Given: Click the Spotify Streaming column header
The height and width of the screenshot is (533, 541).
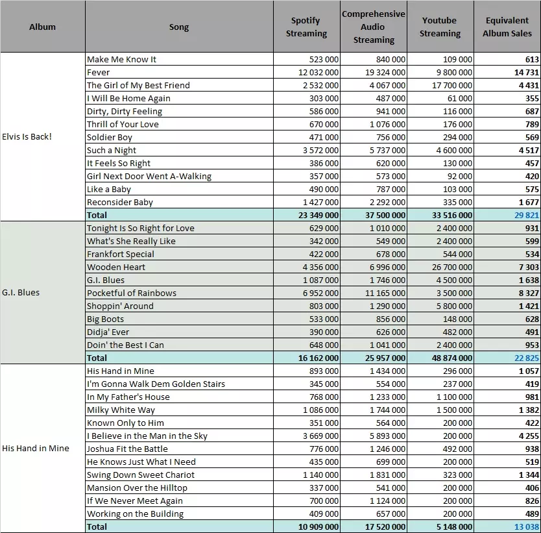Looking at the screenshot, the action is pyautogui.click(x=306, y=27).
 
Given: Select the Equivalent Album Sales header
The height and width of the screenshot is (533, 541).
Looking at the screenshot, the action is pyautogui.click(x=507, y=27).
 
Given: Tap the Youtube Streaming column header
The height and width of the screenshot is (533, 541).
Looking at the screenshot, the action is pyautogui.click(x=440, y=27).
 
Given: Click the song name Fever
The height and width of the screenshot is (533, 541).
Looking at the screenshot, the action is pyautogui.click(x=99, y=73).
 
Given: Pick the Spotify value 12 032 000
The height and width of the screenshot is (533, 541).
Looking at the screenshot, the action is pyautogui.click(x=319, y=73).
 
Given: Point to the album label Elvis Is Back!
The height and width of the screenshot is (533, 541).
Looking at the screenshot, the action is pyautogui.click(x=27, y=137).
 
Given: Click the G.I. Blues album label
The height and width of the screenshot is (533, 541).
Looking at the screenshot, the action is pyautogui.click(x=21, y=292).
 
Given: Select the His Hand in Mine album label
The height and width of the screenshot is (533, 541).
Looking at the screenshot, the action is pyautogui.click(x=36, y=448).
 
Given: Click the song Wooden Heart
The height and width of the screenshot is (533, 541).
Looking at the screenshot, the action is pyautogui.click(x=116, y=267).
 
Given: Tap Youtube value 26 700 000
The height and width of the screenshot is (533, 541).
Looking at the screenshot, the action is pyautogui.click(x=452, y=267).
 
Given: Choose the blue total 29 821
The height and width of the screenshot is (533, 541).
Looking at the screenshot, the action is pyautogui.click(x=527, y=215).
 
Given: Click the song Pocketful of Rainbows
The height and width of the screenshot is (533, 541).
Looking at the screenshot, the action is pyautogui.click(x=132, y=293).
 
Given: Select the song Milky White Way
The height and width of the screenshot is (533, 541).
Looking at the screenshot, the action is pyautogui.click(x=121, y=410).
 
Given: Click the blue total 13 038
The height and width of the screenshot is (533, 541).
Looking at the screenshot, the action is pyautogui.click(x=527, y=527).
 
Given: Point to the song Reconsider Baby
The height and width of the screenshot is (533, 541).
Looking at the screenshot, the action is pyautogui.click(x=120, y=203).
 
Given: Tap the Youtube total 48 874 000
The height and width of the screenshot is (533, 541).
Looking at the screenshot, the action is pyautogui.click(x=452, y=358).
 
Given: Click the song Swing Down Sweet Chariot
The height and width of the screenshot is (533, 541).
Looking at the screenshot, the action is pyautogui.click(x=140, y=475).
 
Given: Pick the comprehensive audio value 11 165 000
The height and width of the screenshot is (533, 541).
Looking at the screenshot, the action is pyautogui.click(x=385, y=293).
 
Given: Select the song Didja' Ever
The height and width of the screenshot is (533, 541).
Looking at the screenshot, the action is pyautogui.click(x=108, y=332).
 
